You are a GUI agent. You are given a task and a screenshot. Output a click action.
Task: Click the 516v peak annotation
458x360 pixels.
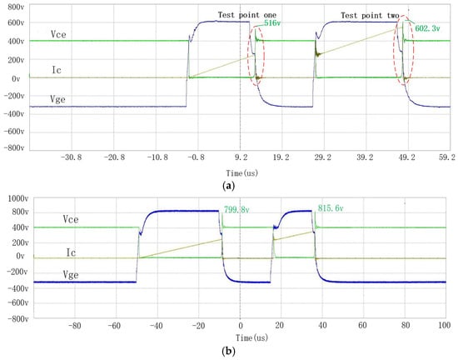[272, 23]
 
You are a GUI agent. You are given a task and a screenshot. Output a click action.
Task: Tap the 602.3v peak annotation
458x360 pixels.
[427, 28]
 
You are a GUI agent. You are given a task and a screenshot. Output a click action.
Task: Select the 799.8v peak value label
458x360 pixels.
[236, 209]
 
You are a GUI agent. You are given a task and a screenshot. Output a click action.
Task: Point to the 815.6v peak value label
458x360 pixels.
[331, 208]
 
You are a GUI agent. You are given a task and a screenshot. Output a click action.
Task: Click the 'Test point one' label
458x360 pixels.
[247, 15]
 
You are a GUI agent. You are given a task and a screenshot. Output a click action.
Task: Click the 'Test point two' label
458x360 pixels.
[370, 16]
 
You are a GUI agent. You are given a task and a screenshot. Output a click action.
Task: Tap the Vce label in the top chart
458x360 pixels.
[58, 34]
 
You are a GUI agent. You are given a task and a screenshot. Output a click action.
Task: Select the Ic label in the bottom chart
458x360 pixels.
[71, 252]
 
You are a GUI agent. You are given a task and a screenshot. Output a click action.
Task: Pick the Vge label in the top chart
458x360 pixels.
[57, 100]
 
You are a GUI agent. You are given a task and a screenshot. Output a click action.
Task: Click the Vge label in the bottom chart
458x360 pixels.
[71, 275]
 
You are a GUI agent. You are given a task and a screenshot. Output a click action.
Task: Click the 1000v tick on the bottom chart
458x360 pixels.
[17, 199]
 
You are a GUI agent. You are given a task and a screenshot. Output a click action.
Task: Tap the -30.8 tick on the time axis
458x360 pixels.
[72, 157]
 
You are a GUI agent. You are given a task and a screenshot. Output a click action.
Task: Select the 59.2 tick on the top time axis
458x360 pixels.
[447, 157]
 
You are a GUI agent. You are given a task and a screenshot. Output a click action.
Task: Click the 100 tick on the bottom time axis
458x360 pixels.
[445, 325]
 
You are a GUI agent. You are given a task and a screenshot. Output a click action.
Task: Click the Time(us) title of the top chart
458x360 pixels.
[242, 173]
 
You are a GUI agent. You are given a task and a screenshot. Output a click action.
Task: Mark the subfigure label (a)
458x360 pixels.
[228, 186]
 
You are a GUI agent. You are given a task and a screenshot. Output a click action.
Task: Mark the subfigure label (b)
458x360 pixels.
[228, 351]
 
